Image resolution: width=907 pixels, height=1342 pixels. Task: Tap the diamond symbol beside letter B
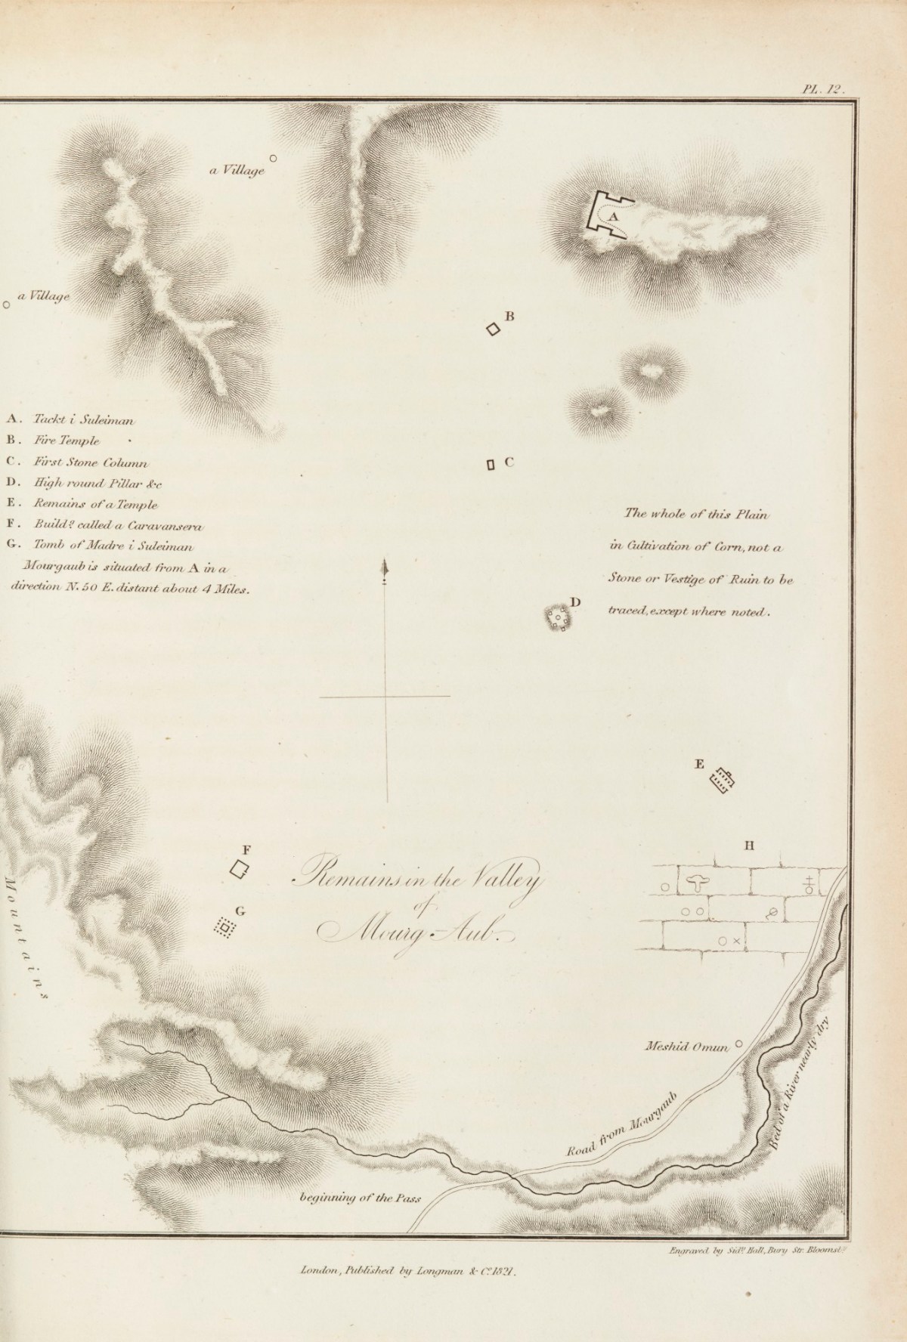(x=493, y=329)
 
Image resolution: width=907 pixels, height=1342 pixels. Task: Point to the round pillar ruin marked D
(x=559, y=618)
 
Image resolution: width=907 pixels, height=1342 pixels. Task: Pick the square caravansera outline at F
(x=240, y=869)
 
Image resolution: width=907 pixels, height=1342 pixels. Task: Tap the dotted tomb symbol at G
(x=223, y=926)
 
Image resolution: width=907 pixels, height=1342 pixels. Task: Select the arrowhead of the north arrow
(x=386, y=567)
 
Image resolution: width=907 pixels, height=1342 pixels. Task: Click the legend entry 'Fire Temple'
(x=64, y=441)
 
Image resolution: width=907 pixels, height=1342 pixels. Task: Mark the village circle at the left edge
(x=7, y=305)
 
